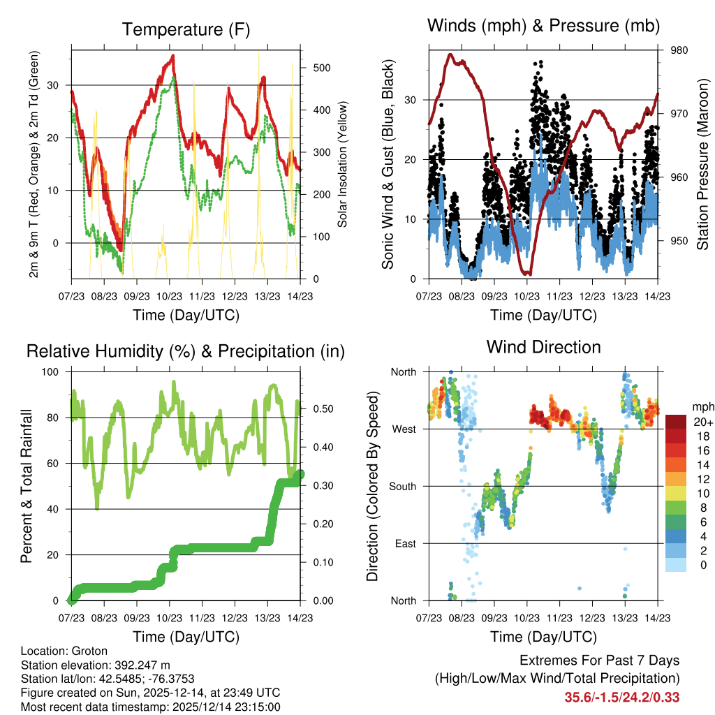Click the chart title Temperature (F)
[185, 30]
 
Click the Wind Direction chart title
[543, 347]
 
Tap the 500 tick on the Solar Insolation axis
[322, 68]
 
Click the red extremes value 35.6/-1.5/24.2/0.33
[622, 697]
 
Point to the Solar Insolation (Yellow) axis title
[343, 165]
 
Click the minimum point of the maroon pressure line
[529, 273]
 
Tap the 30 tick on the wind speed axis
[411, 100]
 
